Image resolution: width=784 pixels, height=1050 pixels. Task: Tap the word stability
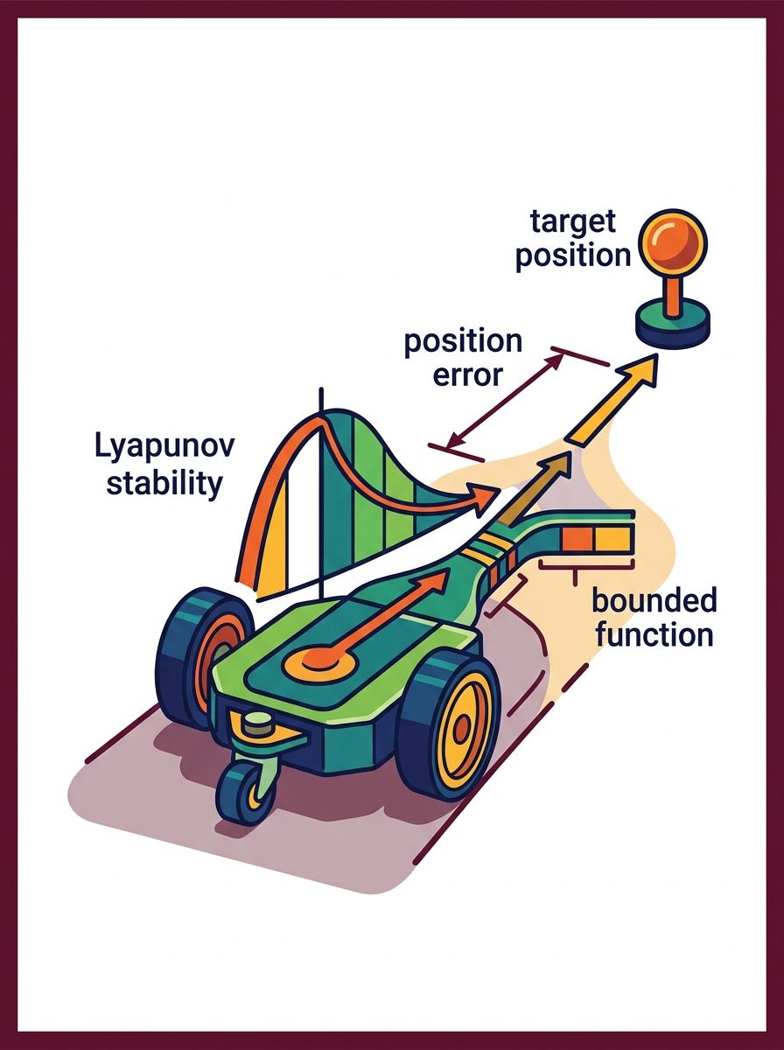pyautogui.click(x=164, y=483)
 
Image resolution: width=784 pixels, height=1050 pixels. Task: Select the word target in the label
pyautogui.click(x=572, y=221)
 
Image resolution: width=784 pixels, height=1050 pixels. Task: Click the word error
pyautogui.click(x=467, y=374)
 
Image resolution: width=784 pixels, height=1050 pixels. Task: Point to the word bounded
pyautogui.click(x=654, y=600)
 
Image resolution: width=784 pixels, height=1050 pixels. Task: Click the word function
pyautogui.click(x=654, y=634)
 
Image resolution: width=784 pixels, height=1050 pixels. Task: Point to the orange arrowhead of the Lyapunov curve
pyautogui.click(x=483, y=498)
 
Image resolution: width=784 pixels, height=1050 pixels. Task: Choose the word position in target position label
pyautogui.click(x=573, y=255)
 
